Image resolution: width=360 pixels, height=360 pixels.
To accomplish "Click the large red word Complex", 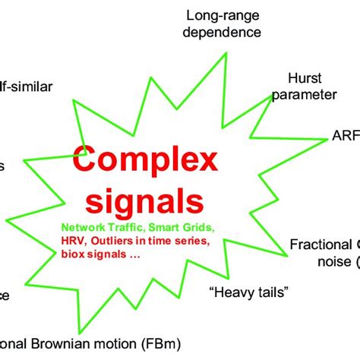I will (x=145, y=162).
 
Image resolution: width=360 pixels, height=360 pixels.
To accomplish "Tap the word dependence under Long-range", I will (x=225, y=32).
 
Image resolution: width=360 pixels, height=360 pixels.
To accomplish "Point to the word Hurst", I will (x=305, y=77).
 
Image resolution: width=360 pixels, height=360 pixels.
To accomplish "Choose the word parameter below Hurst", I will (x=305, y=94).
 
